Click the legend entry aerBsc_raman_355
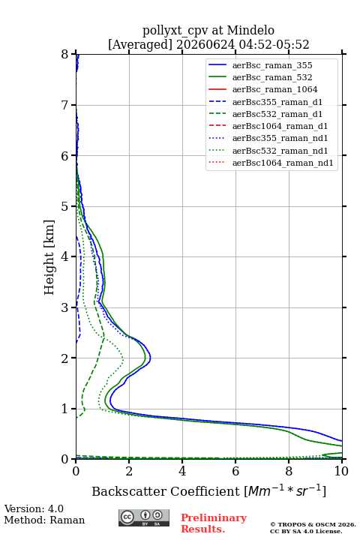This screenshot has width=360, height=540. (272, 65)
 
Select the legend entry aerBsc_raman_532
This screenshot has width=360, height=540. (272, 77)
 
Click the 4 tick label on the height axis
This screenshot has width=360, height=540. (65, 256)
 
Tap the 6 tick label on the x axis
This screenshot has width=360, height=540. (235, 471)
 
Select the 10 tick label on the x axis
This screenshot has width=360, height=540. (341, 471)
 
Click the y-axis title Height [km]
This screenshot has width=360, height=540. (49, 257)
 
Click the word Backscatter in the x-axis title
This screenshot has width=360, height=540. (129, 491)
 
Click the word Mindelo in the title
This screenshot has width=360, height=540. (250, 30)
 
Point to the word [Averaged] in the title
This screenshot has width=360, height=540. (140, 45)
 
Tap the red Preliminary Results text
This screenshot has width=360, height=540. (214, 523)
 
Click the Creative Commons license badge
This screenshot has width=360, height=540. (144, 518)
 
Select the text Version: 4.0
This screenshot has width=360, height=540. (34, 508)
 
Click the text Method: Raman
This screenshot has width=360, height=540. (44, 520)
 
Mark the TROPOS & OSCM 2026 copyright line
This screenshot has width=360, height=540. (313, 524)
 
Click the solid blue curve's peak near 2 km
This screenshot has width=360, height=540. (151, 358)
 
